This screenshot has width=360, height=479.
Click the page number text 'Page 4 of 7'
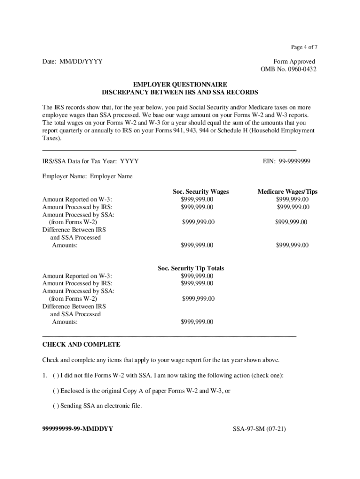pos(304,47)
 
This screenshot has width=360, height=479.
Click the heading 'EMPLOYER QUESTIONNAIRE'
pos(180,85)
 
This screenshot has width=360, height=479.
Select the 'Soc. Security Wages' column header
pos(201,192)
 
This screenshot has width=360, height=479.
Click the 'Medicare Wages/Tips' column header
pos(288,192)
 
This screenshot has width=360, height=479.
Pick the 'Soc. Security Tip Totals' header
pos(191,269)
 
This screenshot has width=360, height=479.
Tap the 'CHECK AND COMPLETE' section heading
pos(81,345)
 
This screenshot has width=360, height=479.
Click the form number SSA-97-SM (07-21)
pos(259,428)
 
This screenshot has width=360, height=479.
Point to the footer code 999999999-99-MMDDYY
pos(78,428)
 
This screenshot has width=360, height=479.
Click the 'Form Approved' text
pos(294,62)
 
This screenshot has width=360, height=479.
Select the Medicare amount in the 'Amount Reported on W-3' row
pos(292,199)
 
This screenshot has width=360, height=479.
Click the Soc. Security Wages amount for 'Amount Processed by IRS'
pos(197,207)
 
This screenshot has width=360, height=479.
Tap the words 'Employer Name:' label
pos(65,176)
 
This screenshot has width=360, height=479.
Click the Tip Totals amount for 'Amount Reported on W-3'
pos(197,276)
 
